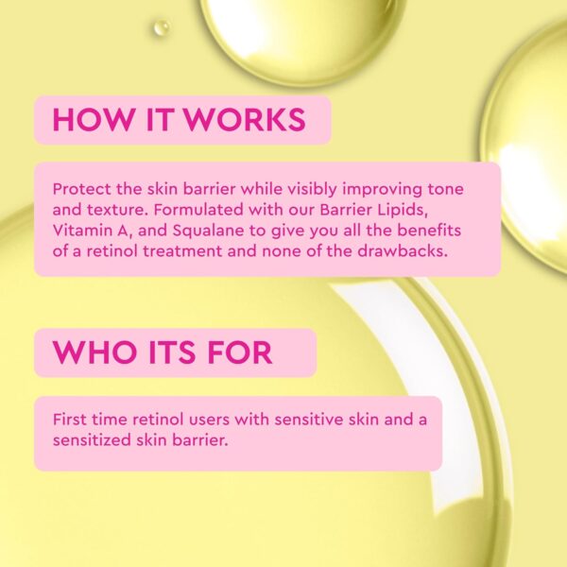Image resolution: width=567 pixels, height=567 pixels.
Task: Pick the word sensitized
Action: (x=93, y=439)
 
